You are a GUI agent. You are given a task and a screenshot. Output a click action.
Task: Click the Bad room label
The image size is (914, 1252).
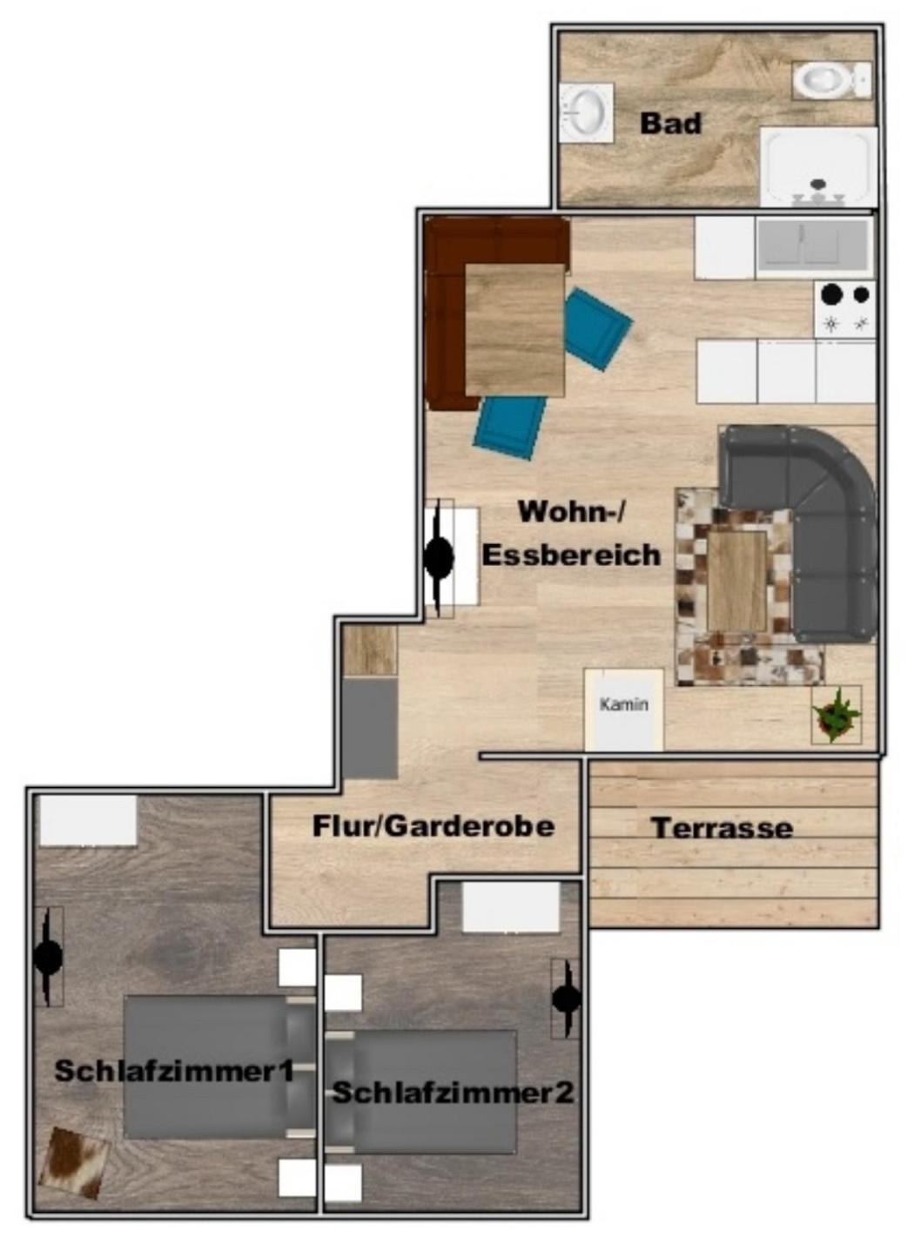[x=670, y=123]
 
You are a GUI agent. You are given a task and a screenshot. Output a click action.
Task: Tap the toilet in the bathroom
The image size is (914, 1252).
[x=831, y=80]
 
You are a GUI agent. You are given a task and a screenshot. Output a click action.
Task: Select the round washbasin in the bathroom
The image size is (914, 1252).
[x=586, y=111]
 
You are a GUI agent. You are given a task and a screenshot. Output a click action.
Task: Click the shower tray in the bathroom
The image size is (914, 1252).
[x=818, y=166]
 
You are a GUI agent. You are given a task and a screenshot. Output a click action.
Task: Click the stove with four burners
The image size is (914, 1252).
[x=844, y=309]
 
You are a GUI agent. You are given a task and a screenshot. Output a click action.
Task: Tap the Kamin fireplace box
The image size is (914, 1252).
[x=624, y=709]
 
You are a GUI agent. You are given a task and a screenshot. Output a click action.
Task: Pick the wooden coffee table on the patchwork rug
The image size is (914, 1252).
[x=737, y=581]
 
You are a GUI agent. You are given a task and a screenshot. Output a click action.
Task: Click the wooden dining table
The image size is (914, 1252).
[x=514, y=330]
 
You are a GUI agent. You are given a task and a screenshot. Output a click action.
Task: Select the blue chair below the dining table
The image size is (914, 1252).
[x=510, y=427]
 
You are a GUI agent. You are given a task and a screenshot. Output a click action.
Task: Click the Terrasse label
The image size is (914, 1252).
[x=722, y=828]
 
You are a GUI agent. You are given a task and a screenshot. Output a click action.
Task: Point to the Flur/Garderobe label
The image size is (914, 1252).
[x=433, y=826]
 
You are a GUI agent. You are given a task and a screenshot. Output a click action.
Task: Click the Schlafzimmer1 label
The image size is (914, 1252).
[x=174, y=1071]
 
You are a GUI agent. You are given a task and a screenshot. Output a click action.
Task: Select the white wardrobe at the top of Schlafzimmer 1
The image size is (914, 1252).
[x=88, y=820]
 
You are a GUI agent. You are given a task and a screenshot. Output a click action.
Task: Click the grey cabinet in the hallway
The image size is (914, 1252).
[x=370, y=728]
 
